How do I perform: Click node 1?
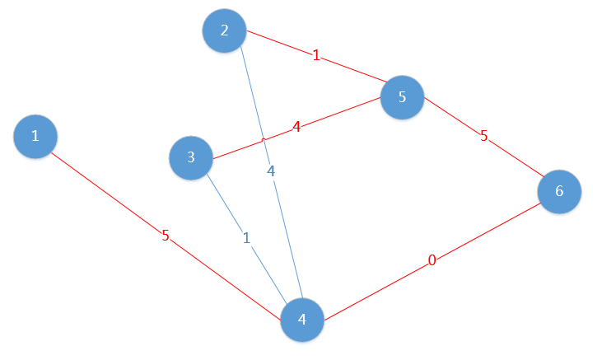pyautogui.click(x=35, y=137)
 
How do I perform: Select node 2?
pyautogui.click(x=224, y=30)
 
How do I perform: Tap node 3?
pyautogui.click(x=191, y=157)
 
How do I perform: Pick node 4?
pyautogui.click(x=302, y=320)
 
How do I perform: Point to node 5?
pyautogui.click(x=402, y=97)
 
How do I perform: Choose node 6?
pyautogui.click(x=559, y=191)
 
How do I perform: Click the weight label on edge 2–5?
pyautogui.click(x=316, y=55)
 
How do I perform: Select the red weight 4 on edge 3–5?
pyautogui.click(x=296, y=126)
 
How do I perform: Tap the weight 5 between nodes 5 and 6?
pyautogui.click(x=483, y=136)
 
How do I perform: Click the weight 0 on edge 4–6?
pyautogui.click(x=432, y=260)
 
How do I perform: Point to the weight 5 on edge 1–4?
pyautogui.click(x=166, y=236)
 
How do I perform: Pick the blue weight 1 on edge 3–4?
pyautogui.click(x=246, y=238)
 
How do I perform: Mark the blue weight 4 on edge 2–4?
pyautogui.click(x=271, y=171)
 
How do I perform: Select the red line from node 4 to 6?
pyautogui.click(x=432, y=261)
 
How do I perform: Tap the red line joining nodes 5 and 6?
pyautogui.click(x=484, y=137)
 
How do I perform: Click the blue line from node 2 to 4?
pyautogui.click(x=272, y=172)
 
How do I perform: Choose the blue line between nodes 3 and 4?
pyautogui.click(x=247, y=239)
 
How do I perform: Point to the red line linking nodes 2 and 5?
pyautogui.click(x=317, y=56)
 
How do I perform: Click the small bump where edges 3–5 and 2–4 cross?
pyautogui.click(x=264, y=140)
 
